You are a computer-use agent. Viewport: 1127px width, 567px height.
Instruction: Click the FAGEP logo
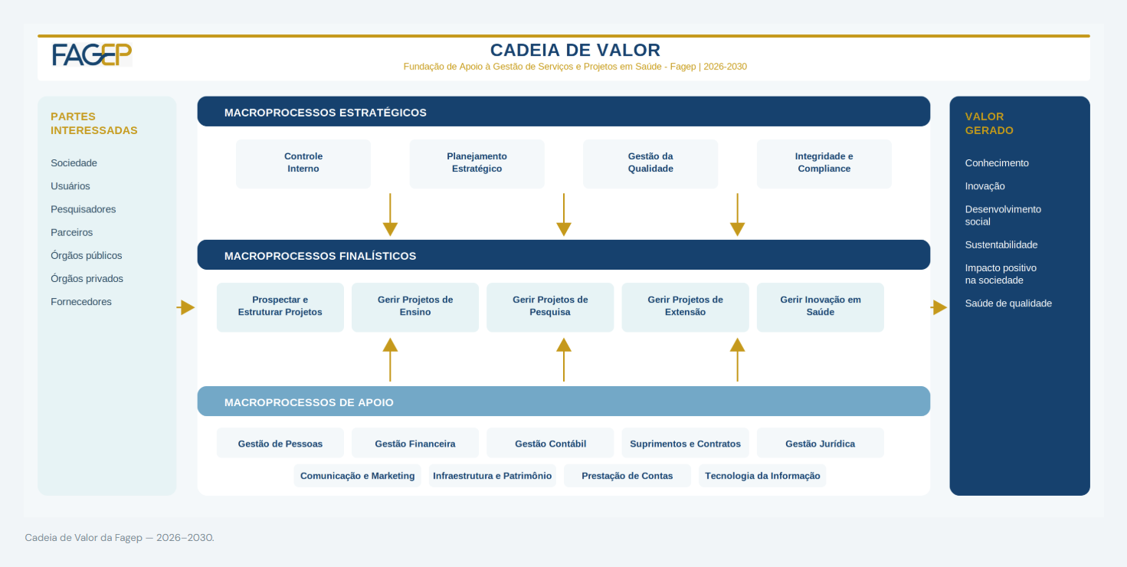coord(92,54)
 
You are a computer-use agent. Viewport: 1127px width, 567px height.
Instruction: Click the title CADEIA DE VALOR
coord(575,50)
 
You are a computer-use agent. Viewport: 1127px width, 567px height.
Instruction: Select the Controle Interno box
coord(303,163)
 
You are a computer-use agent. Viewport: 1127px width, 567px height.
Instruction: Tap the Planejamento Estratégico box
coord(477,163)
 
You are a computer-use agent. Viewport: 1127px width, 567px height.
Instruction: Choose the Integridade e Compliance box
coord(824,163)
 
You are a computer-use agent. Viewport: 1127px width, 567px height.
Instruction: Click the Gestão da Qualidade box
coord(650,163)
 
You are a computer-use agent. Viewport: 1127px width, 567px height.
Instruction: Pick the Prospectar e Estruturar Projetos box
coord(280,307)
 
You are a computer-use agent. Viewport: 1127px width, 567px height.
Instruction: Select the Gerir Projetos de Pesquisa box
coord(550,307)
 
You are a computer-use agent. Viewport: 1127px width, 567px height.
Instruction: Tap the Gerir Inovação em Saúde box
coord(820,307)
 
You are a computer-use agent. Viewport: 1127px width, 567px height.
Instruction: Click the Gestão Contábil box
coord(550,443)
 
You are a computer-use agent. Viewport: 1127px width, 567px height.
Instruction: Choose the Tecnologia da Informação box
coord(762,475)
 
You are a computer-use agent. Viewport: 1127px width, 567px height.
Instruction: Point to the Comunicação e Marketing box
coord(357,475)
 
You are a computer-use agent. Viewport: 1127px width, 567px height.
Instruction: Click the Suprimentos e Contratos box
coord(685,443)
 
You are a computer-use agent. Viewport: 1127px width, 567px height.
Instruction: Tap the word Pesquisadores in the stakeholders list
coord(83,209)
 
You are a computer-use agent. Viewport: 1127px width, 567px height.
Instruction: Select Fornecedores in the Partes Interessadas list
coord(81,302)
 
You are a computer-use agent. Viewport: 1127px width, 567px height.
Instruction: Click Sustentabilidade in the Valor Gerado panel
coord(1001,245)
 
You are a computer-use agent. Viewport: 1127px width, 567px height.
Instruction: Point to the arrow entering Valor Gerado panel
coord(939,307)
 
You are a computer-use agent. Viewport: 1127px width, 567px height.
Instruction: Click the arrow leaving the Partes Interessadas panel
coord(185,307)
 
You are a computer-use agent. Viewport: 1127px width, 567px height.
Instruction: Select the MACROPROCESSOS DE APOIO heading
coord(309,402)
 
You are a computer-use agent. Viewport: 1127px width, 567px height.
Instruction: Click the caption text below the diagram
coord(120,537)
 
